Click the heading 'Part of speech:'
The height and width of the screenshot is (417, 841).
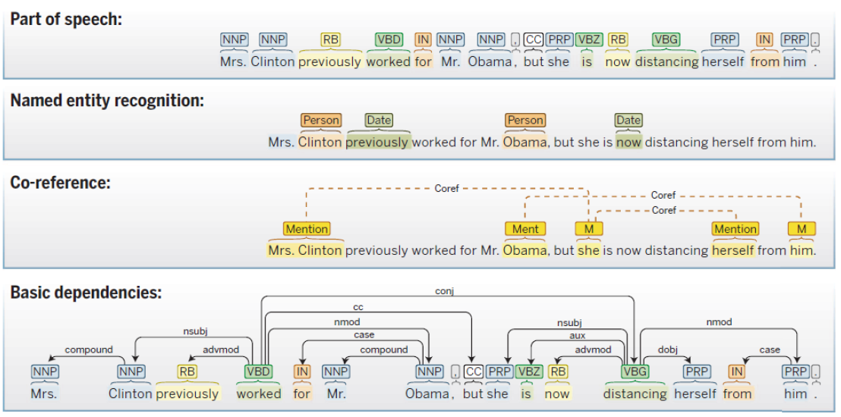pyautogui.click(x=66, y=19)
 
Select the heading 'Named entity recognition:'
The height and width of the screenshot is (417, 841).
pyautogui.click(x=107, y=101)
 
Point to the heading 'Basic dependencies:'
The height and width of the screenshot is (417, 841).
pyautogui.click(x=86, y=293)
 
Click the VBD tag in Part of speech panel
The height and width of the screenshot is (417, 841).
pyautogui.click(x=389, y=39)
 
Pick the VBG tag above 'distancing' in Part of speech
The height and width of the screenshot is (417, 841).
pyautogui.click(x=666, y=39)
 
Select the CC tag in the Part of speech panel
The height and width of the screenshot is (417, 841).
pyautogui.click(x=534, y=39)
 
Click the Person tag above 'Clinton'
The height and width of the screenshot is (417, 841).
pyautogui.click(x=321, y=120)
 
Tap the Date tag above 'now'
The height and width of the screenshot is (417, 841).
pyautogui.click(x=628, y=120)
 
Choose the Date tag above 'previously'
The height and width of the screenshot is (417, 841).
pyautogui.click(x=379, y=120)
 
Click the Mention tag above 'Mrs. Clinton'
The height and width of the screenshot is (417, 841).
pyautogui.click(x=307, y=228)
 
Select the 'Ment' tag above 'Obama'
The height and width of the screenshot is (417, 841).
pyautogui.click(x=525, y=228)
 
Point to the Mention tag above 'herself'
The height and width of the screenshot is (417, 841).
pyautogui.click(x=735, y=228)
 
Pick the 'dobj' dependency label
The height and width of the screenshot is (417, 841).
pyautogui.click(x=667, y=350)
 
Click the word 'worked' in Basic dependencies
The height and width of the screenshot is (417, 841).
pyautogui.click(x=259, y=393)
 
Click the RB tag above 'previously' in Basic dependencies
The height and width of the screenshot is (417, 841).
pyautogui.click(x=187, y=372)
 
